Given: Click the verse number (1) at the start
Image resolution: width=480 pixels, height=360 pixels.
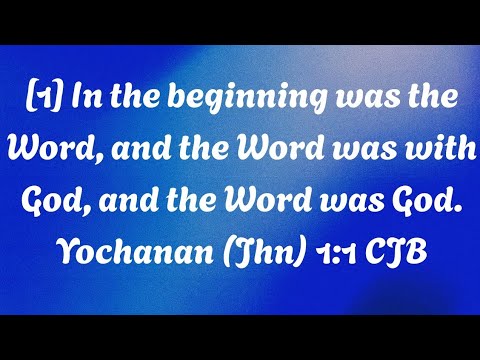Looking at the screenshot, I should (x=39, y=101).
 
